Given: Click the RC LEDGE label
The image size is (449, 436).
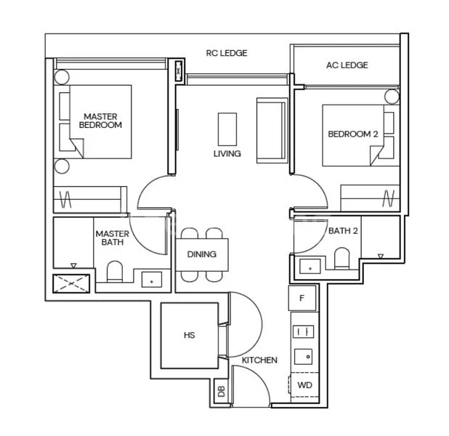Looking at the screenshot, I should pos(227,53).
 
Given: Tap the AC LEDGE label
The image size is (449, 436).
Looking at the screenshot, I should pos(346,65).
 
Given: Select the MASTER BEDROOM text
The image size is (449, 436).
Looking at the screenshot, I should pos(100,121).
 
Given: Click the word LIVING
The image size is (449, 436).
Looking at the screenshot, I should pos(227,154).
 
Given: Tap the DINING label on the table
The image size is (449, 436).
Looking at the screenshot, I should pos(201,255).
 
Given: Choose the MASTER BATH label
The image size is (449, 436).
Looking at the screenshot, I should pos(112,238).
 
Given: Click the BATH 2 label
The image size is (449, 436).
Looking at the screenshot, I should pos(343,231).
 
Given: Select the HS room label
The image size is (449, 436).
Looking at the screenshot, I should pos(189,335).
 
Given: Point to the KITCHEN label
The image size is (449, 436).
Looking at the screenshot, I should pos(259,360).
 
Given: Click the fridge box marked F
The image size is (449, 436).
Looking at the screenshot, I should pos(302,296).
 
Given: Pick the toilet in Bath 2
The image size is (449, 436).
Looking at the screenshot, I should pos(342,257).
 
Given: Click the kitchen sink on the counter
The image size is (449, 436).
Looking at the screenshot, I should pos(303,357).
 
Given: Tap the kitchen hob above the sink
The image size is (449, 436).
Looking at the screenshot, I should pos(303,331).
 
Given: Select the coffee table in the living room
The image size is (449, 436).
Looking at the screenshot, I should pos(227,129).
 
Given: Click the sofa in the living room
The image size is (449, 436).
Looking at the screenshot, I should pos(271,129).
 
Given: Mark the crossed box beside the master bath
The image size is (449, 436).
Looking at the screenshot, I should pos(70,282).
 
